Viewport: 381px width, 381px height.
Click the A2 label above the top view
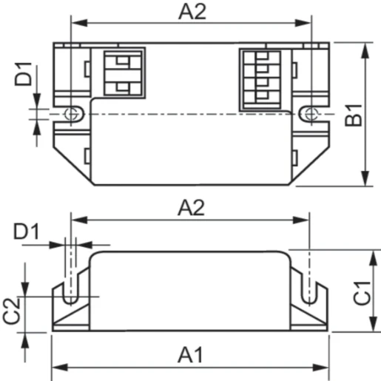[192, 12]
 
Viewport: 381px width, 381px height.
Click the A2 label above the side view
[191, 208]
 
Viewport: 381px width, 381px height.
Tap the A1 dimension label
[190, 354]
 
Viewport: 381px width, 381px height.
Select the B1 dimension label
[354, 115]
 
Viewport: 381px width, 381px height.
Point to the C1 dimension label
[362, 293]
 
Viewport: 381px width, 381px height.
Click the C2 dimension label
[11, 311]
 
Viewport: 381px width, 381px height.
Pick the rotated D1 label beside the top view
[24, 74]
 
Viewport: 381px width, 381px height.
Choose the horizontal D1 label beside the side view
[26, 232]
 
